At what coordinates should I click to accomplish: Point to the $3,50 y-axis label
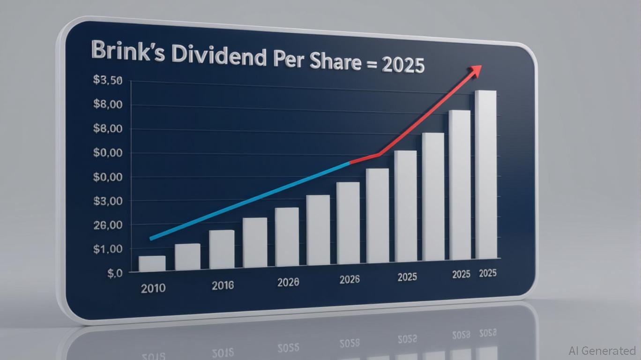108,80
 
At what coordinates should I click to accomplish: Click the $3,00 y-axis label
108,201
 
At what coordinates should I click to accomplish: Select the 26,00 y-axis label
108,225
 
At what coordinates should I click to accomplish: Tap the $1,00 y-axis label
108,249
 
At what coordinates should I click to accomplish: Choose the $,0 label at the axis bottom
114,273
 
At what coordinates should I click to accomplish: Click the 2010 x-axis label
153,287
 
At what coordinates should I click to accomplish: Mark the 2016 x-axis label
223,285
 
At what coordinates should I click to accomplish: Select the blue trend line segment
248,202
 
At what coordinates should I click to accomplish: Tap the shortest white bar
152,263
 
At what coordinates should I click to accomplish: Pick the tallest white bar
485,173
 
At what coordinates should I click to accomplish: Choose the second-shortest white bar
187,257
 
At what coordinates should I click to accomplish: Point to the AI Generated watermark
602,350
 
